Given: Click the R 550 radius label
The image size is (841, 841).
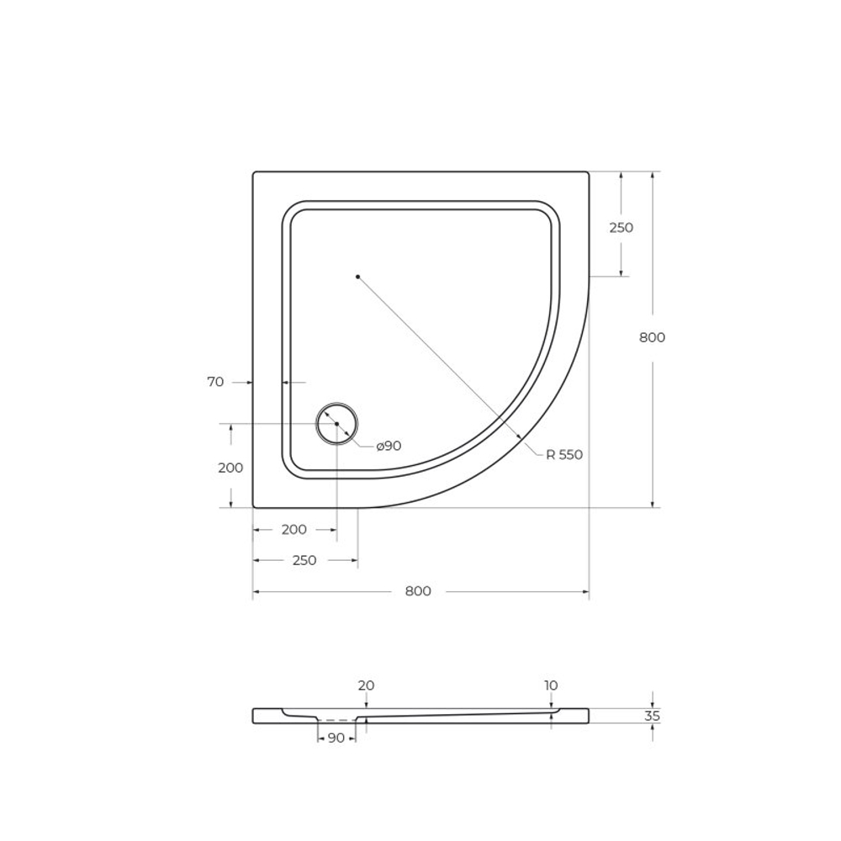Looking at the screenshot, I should point(563,455).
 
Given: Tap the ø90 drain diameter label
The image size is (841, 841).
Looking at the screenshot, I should point(388,446).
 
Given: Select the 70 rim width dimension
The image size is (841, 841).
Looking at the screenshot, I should point(215,382).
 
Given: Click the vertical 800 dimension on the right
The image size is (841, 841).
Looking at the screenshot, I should point(652,337).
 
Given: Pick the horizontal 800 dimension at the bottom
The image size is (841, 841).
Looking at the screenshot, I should point(418,591).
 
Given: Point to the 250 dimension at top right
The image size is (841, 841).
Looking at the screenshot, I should point(621,227).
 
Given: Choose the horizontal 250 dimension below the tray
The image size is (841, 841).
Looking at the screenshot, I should point(304,560).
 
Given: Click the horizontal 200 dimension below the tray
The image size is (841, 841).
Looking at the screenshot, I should point(294,529).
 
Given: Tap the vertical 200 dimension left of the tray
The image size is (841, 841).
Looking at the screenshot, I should point(230,468).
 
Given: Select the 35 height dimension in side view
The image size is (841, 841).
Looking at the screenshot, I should point(653,717).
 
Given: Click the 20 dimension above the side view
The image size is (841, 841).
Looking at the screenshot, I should point(366,686).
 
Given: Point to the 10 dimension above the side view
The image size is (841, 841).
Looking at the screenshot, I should point(551,686).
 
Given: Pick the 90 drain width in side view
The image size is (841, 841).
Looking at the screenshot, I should point(336,738).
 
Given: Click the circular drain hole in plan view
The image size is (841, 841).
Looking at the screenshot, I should point(336,424).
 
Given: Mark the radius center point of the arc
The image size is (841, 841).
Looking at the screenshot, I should point(357,277).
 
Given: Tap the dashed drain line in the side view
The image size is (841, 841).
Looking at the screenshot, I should point(336,721).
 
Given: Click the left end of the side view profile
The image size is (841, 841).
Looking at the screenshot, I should point(254,716).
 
